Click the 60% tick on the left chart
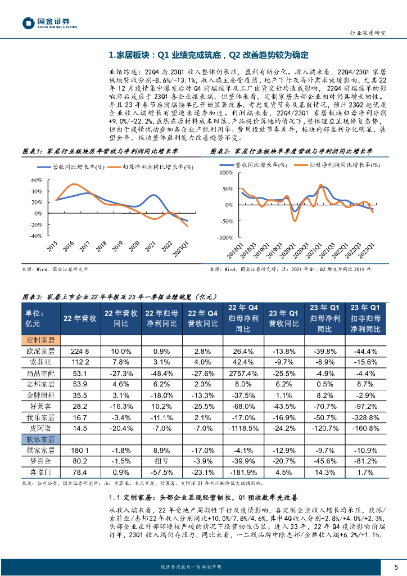pyautogui.click(x=37, y=180)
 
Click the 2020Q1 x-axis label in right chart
pyautogui.click(x=290, y=250)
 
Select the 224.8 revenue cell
pyautogui.click(x=80, y=352)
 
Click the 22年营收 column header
pyautogui.click(x=80, y=318)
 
